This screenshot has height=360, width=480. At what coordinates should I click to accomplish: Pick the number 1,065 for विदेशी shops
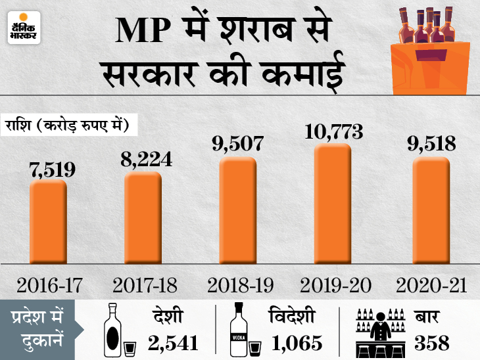click(x=295, y=342)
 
